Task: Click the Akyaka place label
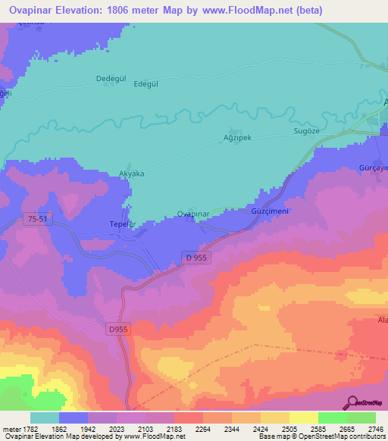pos(132,174)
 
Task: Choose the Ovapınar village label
pos(192,214)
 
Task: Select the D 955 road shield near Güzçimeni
pos(196,258)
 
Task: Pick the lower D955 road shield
pos(117,328)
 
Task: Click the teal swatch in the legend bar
pos(45,418)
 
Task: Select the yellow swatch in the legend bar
pos(304,418)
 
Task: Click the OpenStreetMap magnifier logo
pos(352,402)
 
